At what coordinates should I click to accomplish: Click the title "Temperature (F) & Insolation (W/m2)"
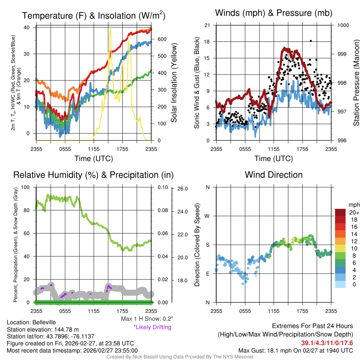(x=94, y=15)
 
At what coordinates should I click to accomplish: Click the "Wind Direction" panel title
(x=274, y=175)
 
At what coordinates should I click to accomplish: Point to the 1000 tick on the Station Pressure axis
(x=343, y=25)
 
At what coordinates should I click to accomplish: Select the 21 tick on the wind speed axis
(x=207, y=25)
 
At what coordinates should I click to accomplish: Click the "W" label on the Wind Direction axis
(x=207, y=216)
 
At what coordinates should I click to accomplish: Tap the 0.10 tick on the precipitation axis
(x=162, y=187)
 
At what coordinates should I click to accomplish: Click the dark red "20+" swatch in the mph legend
(x=340, y=212)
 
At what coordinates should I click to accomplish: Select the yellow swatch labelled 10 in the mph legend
(x=340, y=248)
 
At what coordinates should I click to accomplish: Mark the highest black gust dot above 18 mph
(x=311, y=41)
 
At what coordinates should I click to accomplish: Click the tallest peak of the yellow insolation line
(x=110, y=27)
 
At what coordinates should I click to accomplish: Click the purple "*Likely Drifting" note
(x=152, y=327)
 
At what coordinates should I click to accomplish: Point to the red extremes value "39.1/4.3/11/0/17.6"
(x=327, y=343)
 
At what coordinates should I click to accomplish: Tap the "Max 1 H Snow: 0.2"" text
(x=147, y=319)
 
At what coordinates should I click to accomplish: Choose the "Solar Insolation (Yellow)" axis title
(x=174, y=83)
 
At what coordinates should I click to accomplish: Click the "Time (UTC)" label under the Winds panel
(x=274, y=159)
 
